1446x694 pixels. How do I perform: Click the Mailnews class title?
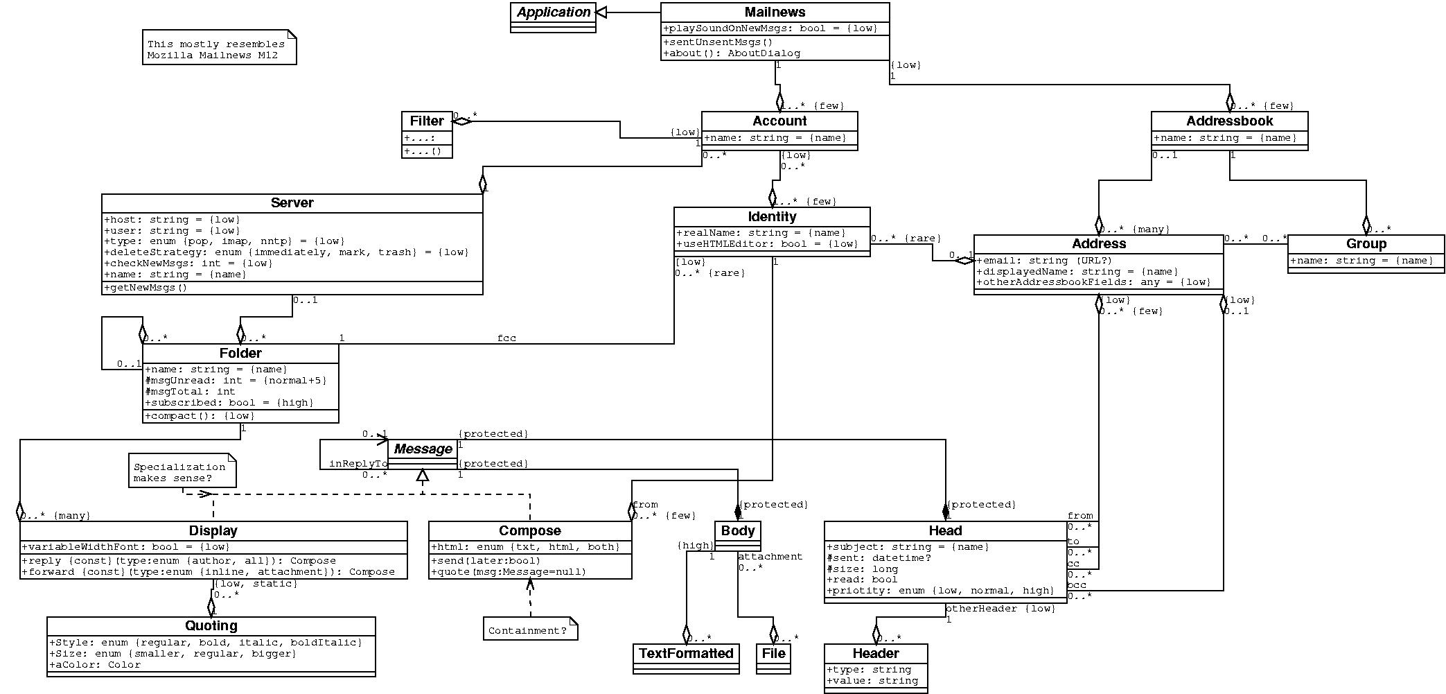(775, 12)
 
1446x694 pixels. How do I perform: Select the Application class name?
(553, 12)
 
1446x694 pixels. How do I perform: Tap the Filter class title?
(427, 121)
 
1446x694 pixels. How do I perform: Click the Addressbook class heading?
(1229, 121)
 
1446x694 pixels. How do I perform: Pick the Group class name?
(1366, 243)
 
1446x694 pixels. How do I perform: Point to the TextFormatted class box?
(686, 653)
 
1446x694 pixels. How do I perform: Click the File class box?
(773, 653)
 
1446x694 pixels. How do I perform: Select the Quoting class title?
(211, 625)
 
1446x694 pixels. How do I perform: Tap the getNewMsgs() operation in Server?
(146, 288)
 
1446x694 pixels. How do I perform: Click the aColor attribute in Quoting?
(96, 665)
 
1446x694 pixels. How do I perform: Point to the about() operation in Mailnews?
(732, 53)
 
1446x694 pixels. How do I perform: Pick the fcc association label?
(506, 338)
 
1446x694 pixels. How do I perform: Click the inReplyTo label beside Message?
(358, 463)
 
